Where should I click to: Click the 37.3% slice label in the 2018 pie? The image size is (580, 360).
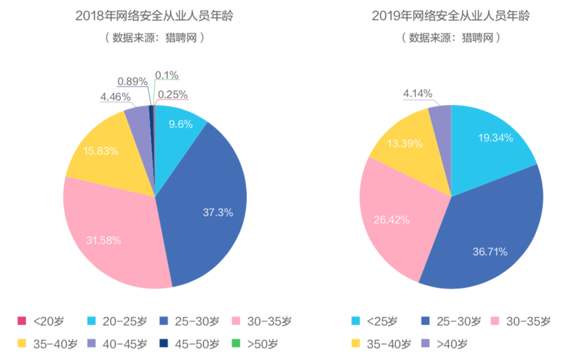pyautogui.click(x=218, y=212)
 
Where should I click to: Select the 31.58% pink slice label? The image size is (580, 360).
pyautogui.click(x=103, y=240)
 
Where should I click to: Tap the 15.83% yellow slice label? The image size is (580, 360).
pyautogui.click(x=101, y=151)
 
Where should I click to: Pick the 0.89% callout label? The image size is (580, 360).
pyautogui.click(x=132, y=82)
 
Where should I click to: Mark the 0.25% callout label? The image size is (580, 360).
pyautogui.click(x=172, y=95)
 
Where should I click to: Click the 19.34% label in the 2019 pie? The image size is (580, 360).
pyautogui.click(x=496, y=137)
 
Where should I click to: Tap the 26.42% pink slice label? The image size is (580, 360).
pyautogui.click(x=391, y=219)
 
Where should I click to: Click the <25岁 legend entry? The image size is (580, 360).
pyautogui.click(x=374, y=321)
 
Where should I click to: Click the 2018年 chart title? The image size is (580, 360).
pyautogui.click(x=154, y=16)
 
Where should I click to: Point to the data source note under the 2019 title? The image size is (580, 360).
pyautogui.click(x=451, y=38)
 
